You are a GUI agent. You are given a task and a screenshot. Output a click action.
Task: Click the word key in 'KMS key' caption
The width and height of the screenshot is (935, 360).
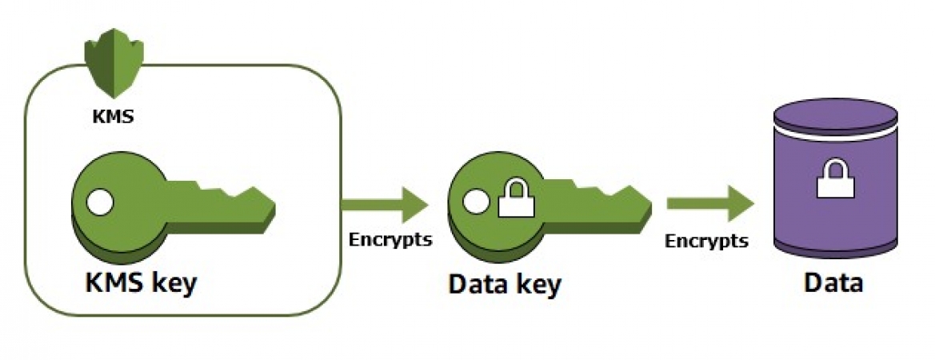click(172, 284)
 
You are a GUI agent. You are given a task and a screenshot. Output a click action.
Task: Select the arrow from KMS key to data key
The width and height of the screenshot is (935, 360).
click(385, 205)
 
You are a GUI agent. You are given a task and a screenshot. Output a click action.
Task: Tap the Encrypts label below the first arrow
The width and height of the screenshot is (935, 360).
click(390, 240)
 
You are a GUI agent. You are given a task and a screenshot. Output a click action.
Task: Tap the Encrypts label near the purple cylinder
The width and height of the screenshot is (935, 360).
click(707, 240)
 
